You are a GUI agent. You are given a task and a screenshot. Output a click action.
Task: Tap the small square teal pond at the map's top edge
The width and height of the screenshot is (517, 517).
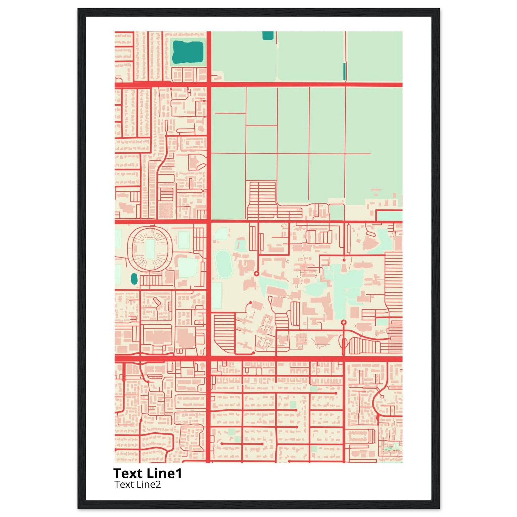coord(268,35)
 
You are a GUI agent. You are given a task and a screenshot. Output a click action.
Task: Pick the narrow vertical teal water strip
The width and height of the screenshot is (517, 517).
coord(344,71)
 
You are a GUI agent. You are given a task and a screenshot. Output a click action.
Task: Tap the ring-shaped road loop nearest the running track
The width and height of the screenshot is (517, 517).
coord(256,273)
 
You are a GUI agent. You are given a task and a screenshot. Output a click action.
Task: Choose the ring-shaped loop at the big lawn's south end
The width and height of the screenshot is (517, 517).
coord(344,322)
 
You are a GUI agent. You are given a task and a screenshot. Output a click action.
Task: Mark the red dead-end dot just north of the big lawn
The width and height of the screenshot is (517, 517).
coord(344,260)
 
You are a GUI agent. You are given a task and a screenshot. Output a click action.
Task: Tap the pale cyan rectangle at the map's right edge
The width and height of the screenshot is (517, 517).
coord(389,216)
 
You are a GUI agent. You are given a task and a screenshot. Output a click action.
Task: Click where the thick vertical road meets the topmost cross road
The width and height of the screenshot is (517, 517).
coord(209,85)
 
